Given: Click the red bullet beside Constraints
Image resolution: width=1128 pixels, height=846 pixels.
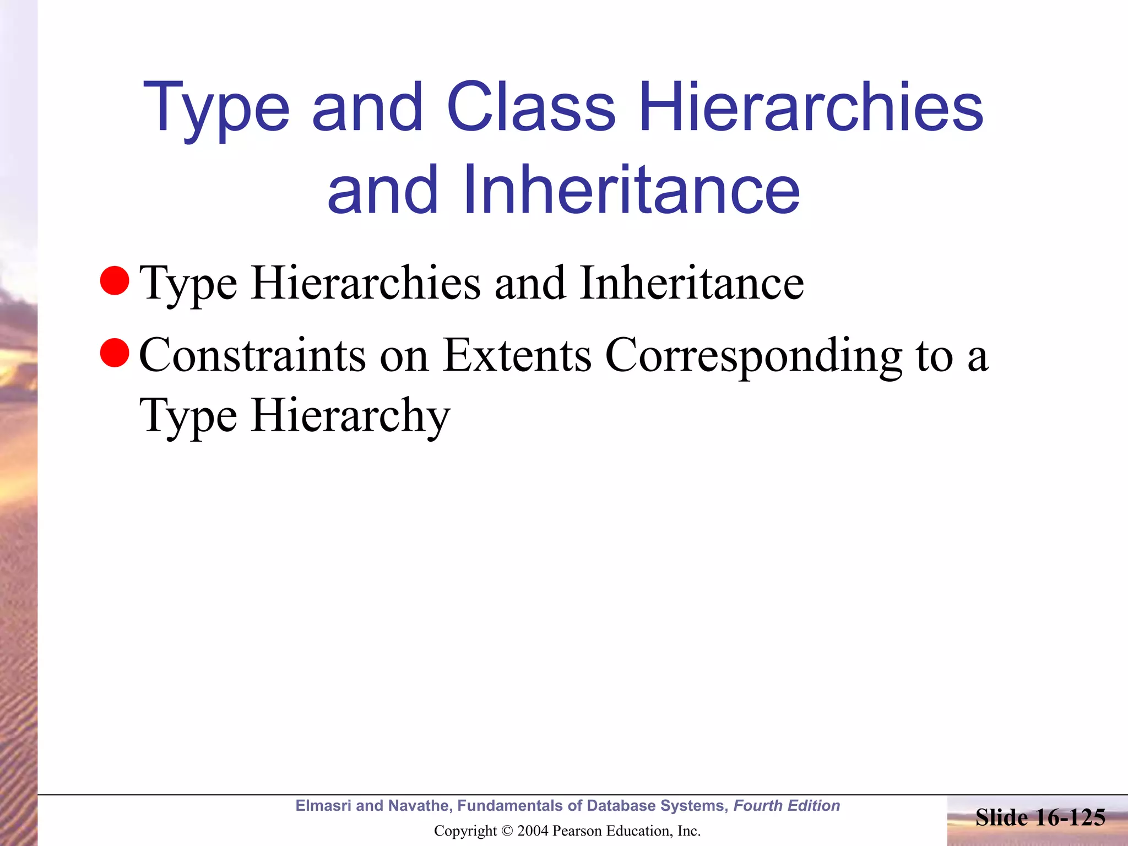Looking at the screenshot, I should coord(115,352).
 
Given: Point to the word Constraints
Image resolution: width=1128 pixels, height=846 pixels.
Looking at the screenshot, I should coord(252,355).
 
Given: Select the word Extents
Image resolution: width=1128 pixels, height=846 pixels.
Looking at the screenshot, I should coord(517,355).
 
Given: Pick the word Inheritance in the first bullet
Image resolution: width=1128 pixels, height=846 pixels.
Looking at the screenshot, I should coord(691,283).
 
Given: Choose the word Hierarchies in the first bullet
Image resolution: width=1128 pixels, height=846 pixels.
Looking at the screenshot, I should coord(366,283).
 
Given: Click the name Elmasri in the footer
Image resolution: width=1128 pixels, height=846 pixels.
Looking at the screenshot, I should coord(323,806).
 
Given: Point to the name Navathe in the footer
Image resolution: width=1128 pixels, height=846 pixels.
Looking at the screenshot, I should coord(419,806).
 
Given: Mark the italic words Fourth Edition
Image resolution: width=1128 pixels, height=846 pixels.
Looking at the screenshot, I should coord(787,806).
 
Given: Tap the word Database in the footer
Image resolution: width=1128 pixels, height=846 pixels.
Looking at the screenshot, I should coord(620,806).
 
